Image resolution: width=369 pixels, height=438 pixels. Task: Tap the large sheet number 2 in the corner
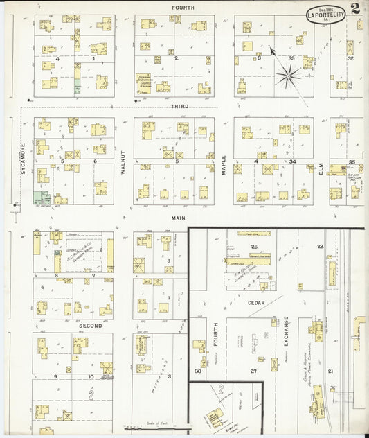[x=355, y=8]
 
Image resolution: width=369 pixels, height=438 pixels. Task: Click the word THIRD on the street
[x=180, y=106]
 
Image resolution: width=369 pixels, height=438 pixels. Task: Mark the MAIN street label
[x=176, y=217]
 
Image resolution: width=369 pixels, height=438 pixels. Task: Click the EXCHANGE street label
[x=285, y=335]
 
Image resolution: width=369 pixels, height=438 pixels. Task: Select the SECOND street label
[x=89, y=325]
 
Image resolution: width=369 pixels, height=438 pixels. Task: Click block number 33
[x=291, y=58]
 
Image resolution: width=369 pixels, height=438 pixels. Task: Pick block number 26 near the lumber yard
[x=254, y=247]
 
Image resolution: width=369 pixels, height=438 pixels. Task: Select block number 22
[x=320, y=246]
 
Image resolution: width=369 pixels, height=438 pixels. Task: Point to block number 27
[x=253, y=371]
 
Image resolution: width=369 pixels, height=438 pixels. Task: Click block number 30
[x=198, y=371]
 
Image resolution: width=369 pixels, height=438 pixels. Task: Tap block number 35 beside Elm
[x=352, y=161]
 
